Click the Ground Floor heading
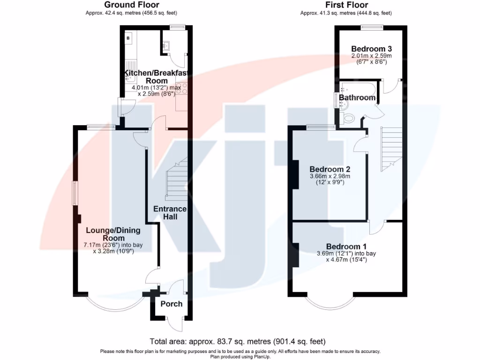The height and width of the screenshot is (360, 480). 131,5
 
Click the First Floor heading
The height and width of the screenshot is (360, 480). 346,5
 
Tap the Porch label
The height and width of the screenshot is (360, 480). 172,304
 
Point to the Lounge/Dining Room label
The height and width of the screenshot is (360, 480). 113,234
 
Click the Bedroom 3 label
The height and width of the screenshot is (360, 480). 371,49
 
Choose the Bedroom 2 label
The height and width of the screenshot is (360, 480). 330,169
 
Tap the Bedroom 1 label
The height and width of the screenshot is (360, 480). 346,247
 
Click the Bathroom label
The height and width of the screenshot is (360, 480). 357,97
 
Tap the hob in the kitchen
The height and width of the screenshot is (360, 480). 181,89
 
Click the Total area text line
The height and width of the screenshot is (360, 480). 237,341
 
